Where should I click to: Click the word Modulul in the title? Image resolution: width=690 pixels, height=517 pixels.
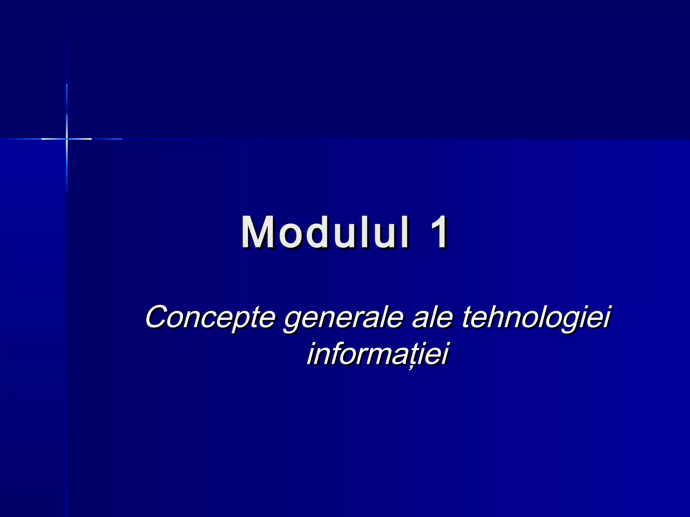coord(325,232)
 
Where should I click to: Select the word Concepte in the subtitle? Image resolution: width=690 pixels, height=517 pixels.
coord(210,317)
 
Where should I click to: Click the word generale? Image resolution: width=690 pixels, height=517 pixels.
coord(344,318)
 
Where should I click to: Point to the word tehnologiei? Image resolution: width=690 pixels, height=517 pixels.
coord(536,317)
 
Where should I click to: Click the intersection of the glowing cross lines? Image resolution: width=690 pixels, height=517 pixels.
coord(67,139)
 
